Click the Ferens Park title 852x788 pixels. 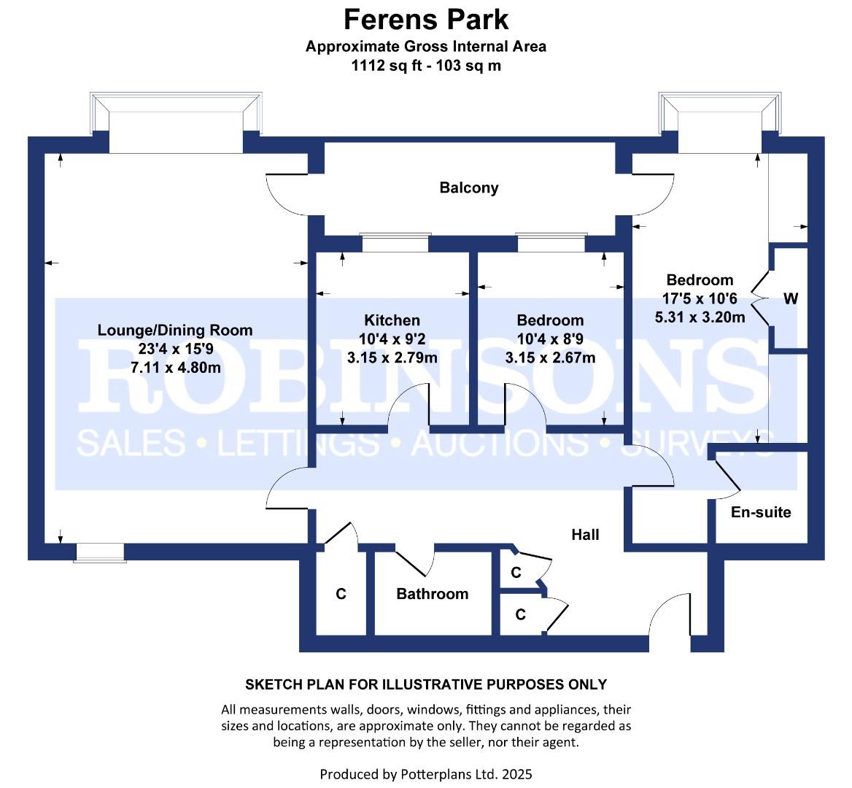[425, 19]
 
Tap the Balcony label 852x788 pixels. [469, 188]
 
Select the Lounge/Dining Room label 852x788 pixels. [175, 331]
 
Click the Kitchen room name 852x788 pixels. [392, 320]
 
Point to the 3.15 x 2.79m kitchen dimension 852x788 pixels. [392, 358]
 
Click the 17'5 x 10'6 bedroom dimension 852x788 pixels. [700, 298]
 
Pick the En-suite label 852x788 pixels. [761, 512]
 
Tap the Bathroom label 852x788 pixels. [432, 594]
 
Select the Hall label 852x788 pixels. [585, 535]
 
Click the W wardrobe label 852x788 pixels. [791, 298]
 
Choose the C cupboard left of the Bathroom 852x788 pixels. [341, 595]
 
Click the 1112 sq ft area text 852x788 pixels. [425, 66]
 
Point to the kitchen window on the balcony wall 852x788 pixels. [396, 242]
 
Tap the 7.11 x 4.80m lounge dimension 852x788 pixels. [175, 368]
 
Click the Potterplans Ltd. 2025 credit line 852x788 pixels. [425, 773]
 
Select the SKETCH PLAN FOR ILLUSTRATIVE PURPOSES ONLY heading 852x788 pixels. [425, 684]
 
